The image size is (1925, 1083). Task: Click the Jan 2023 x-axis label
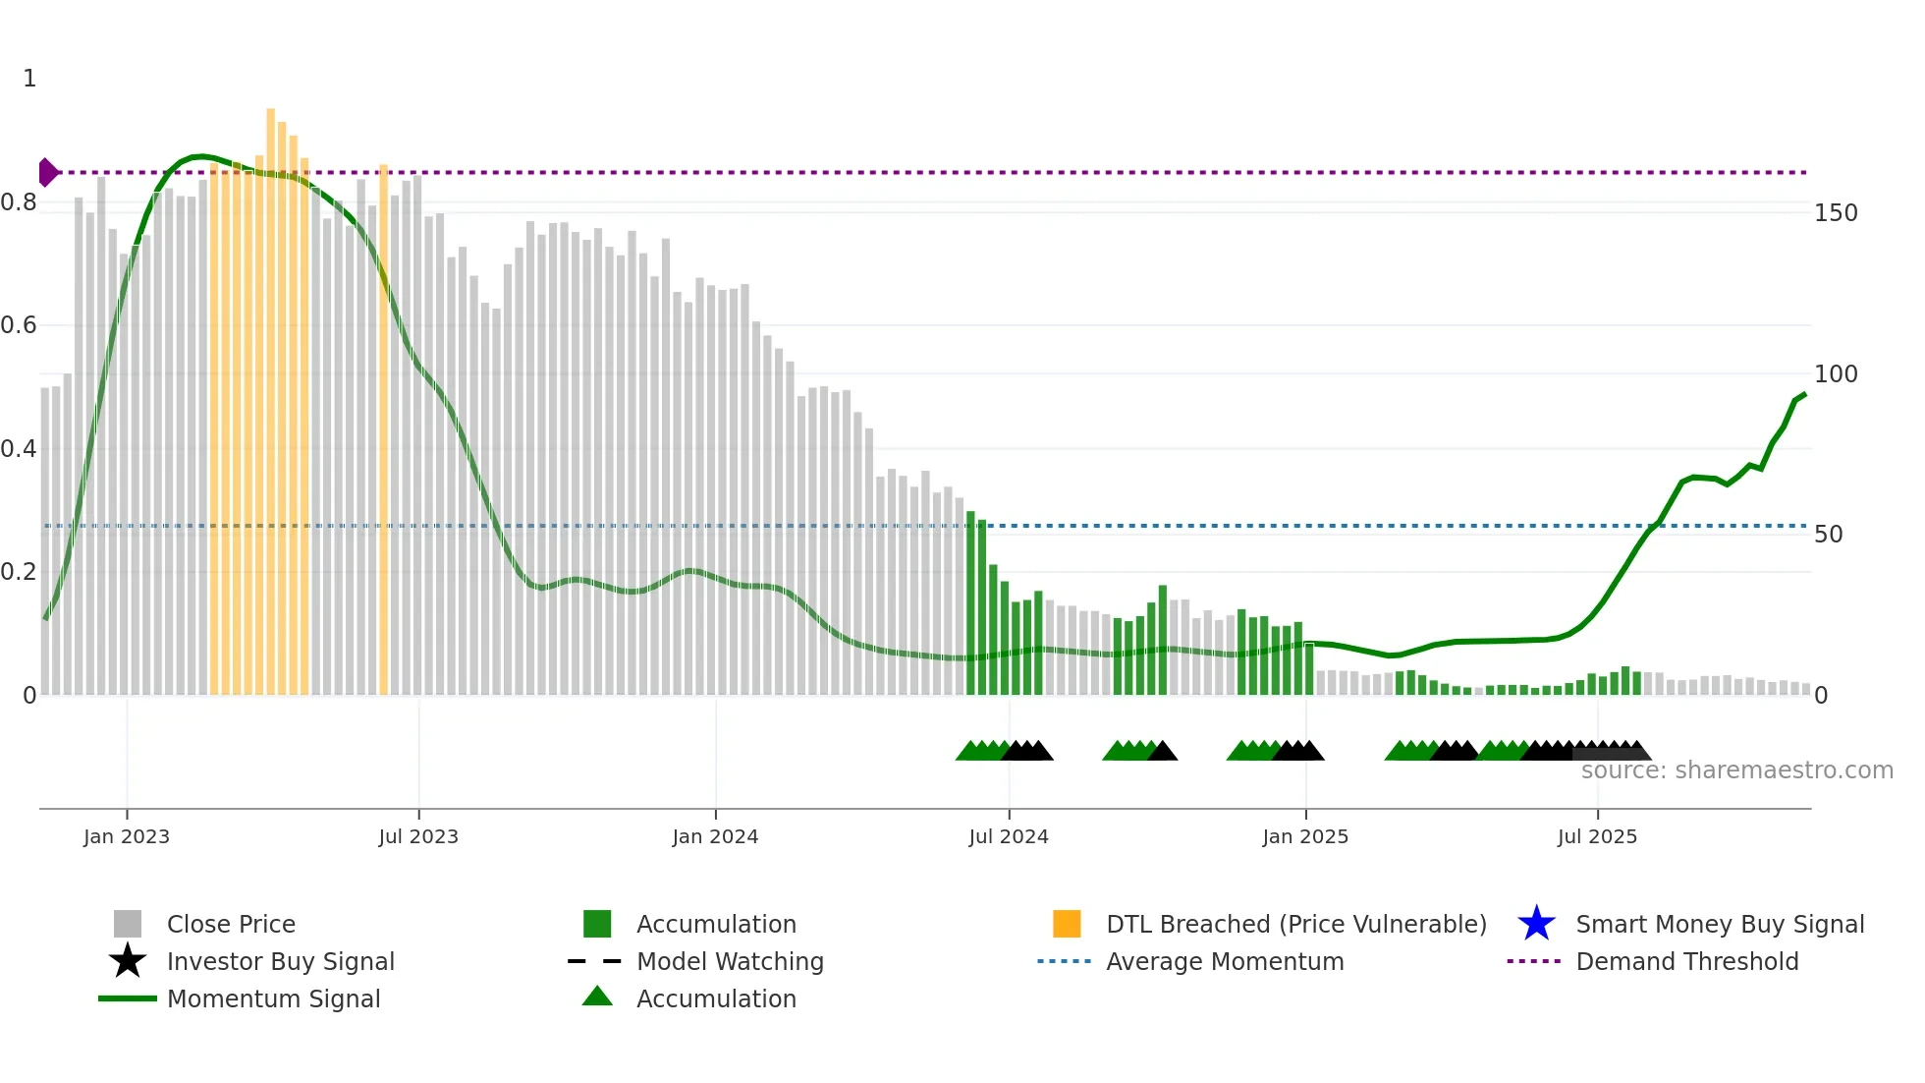click(126, 836)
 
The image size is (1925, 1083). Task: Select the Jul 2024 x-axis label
click(1008, 836)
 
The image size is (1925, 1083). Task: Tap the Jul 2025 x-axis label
click(1597, 836)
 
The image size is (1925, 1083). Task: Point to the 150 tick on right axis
click(1835, 213)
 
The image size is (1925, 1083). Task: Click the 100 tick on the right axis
click(1835, 374)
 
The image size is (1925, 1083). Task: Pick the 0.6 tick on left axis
click(20, 325)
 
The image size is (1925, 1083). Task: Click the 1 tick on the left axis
click(29, 79)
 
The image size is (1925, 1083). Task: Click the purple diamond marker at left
click(47, 172)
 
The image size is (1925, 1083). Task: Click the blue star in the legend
click(1536, 924)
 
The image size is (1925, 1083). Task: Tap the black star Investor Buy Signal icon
click(128, 961)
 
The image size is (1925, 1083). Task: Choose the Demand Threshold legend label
click(1686, 961)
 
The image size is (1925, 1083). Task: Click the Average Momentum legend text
click(1224, 961)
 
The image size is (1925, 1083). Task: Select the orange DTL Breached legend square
click(1067, 924)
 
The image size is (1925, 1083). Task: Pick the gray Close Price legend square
click(128, 924)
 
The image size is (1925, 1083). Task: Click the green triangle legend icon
click(597, 997)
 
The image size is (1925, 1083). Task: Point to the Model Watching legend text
click(730, 961)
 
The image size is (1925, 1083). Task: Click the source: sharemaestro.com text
click(1736, 770)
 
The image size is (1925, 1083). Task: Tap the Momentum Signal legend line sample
click(128, 998)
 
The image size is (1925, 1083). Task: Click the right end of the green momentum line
click(1804, 394)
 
